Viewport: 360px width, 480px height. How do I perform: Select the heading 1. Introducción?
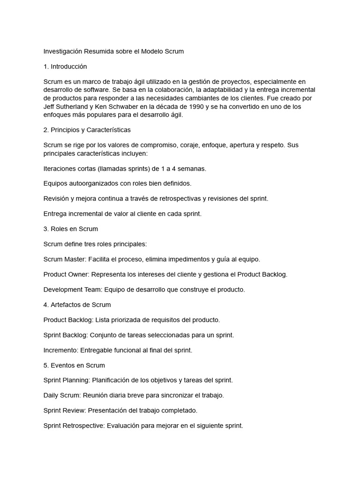coord(65,67)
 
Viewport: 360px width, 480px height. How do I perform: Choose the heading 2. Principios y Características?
coord(87,130)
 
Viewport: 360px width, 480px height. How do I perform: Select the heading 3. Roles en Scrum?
coord(71,229)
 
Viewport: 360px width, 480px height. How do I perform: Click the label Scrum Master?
coord(65,259)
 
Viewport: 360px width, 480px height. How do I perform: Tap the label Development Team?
coord(73,290)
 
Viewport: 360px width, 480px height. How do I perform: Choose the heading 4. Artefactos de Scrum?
coord(77,305)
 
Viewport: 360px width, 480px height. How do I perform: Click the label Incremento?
coord(61,350)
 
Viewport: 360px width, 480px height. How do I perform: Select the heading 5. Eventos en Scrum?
coord(74,365)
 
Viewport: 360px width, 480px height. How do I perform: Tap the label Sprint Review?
coord(65,411)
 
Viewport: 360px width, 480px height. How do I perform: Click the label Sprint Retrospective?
coord(75,426)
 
